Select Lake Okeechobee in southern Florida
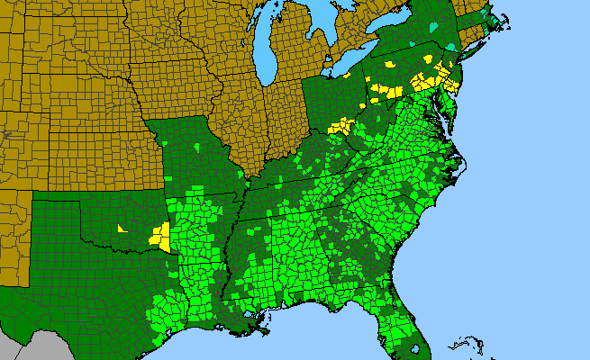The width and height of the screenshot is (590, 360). click(414, 345)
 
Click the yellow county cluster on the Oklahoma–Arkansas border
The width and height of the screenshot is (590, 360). click(160, 237)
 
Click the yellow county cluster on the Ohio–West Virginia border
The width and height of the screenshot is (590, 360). click(340, 126)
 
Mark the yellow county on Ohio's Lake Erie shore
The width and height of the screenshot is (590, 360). click(390, 65)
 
